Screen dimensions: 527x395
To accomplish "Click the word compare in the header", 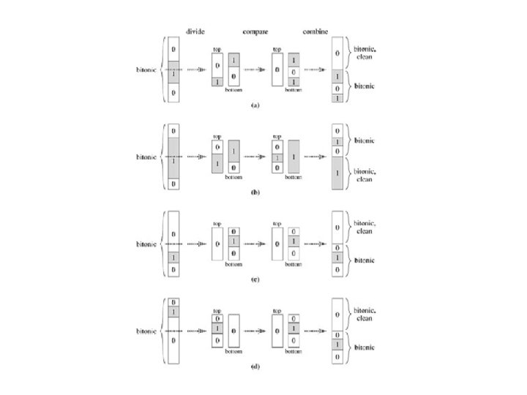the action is tap(255, 31).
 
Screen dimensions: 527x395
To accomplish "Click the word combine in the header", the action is tap(317, 31).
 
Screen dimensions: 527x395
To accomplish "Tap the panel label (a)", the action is tap(255, 105).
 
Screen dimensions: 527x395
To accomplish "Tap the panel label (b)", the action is tap(255, 192).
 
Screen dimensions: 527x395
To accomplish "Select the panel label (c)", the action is tap(255, 279).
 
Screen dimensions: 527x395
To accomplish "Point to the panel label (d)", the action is tap(255, 366).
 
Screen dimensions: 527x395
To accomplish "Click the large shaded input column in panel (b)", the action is tap(173, 157).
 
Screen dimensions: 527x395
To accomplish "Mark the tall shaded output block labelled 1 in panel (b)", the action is tap(337, 173).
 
